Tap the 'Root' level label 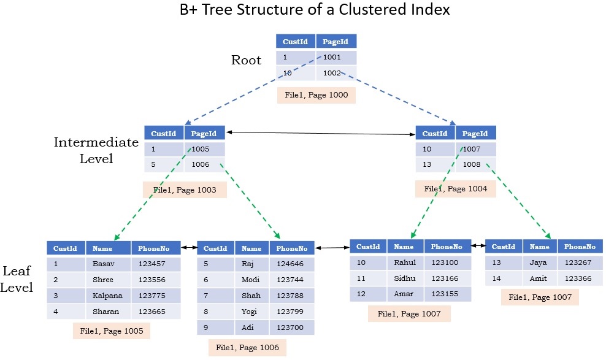click(246, 60)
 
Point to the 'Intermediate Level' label click(96, 150)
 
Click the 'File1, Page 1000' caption click(316, 96)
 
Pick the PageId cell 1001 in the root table click(336, 58)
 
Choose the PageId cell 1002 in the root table click(336, 73)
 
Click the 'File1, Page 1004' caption click(456, 189)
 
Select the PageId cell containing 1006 click(204, 164)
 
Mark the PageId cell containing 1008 click(475, 164)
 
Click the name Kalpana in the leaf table click(107, 296)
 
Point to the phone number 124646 click(291, 264)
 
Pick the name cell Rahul click(404, 262)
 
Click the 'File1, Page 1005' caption click(112, 331)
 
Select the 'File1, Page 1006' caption click(247, 348)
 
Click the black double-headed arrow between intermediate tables click(320, 132)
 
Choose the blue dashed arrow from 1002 click(399, 98)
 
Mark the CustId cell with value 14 click(503, 278)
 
